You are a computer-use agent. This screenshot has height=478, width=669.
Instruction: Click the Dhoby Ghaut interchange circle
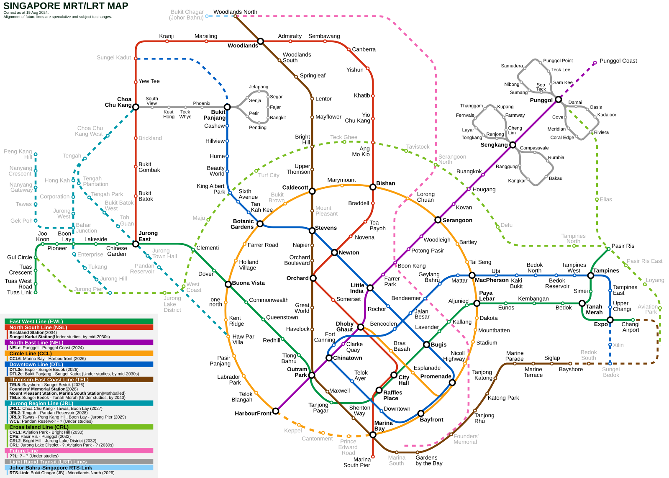point(361,327)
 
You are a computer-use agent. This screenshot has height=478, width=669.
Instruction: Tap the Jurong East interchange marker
point(136,244)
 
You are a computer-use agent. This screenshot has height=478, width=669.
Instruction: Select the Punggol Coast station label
point(618,61)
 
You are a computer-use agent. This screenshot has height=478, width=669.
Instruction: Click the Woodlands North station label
point(236,12)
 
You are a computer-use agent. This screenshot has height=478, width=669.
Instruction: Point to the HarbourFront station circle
point(276,411)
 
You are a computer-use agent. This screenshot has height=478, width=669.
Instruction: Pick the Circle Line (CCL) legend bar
point(79,353)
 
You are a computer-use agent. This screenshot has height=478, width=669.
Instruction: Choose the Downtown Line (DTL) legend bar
point(79,365)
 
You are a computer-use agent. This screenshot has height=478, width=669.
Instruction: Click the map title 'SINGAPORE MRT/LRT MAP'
point(66,6)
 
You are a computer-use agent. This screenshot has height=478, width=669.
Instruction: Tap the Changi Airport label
point(631,327)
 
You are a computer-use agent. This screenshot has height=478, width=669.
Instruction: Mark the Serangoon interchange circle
point(438,220)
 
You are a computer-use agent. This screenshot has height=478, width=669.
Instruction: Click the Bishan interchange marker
point(373,188)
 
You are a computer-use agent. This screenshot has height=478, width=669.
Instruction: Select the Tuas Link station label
point(19,293)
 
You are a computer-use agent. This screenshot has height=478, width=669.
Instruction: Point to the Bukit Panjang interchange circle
point(227,107)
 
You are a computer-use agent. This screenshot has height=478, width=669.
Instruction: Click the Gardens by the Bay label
point(429,460)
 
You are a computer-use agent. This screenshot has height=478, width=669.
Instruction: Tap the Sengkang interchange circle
point(513,145)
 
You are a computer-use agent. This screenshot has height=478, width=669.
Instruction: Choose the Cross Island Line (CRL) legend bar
point(79,427)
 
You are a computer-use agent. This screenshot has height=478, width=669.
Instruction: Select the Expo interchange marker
point(610,320)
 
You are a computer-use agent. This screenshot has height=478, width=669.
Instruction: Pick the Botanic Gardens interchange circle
point(260,224)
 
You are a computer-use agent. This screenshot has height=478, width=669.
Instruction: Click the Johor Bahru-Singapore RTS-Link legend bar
point(79,468)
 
